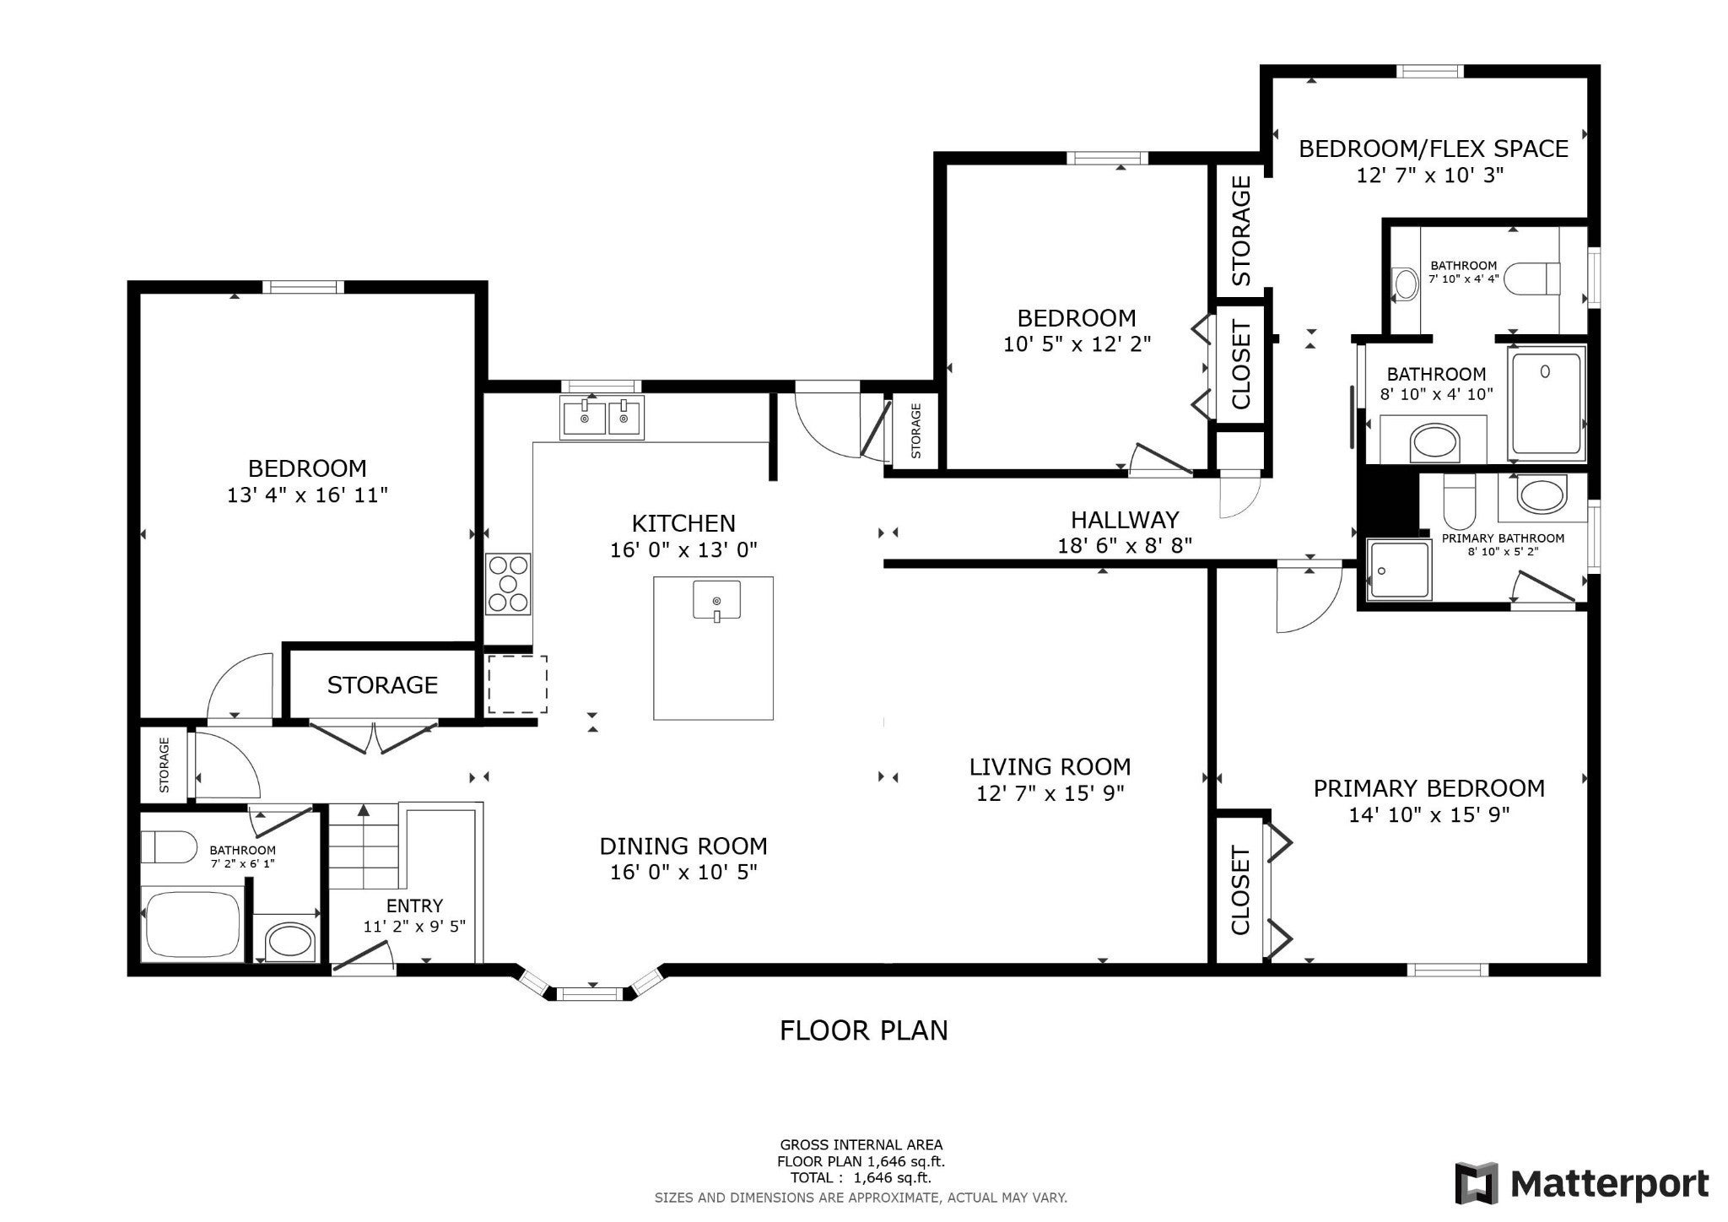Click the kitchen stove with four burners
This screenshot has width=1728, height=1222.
508,583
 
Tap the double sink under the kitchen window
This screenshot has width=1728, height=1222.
602,418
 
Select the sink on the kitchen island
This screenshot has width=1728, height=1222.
716,600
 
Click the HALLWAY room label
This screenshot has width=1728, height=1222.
1125,519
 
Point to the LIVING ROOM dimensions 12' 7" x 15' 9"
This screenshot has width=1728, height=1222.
1050,793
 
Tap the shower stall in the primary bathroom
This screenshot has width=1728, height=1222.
1398,570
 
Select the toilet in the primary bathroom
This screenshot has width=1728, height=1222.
1459,500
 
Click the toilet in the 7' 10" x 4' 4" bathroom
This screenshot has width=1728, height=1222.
1532,278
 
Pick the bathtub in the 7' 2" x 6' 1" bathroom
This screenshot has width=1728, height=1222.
192,923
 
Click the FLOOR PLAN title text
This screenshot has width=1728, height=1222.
863,1030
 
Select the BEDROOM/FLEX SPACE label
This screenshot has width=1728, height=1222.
1433,149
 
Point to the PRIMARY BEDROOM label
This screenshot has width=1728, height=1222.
1428,788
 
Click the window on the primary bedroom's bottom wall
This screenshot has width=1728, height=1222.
1448,970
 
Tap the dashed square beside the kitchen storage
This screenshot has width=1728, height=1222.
517,684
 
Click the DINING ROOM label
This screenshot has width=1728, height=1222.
683,846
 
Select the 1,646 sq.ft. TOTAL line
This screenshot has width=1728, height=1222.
861,1178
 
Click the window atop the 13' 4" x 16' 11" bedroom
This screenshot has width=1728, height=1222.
303,287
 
